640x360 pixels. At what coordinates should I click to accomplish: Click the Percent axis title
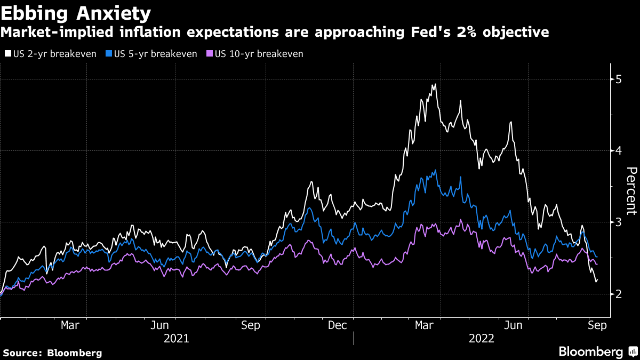pos(631,190)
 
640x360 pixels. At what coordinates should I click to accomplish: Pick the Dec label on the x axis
pos(338,325)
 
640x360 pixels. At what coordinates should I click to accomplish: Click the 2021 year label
pos(176,338)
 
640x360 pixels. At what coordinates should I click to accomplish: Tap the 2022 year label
pos(482,338)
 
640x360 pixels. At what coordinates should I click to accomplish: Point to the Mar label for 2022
pos(425,325)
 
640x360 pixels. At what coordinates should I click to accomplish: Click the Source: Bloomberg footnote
pos(52,353)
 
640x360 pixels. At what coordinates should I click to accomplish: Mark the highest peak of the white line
pos(435,84)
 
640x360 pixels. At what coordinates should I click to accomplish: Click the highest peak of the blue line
pos(436,170)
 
